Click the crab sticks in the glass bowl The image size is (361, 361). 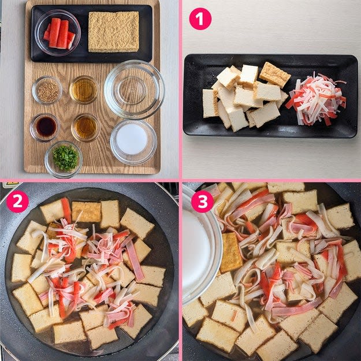tap(59, 34)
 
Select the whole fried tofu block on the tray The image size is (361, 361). tap(114, 32)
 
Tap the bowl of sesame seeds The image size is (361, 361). tap(47, 91)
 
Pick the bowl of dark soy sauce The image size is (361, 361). tap(45, 127)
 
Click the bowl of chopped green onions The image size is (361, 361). tap(64, 159)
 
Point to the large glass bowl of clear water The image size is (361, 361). tap(134, 90)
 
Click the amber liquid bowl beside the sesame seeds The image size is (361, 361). tap(84, 90)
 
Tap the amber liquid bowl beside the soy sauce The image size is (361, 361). tap(86, 127)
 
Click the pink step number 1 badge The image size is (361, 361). tap(200, 19)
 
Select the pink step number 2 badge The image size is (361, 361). tap(17, 202)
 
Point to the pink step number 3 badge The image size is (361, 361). tap(202, 202)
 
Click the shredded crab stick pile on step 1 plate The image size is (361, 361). tap(316, 100)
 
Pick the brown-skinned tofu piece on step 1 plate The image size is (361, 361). tap(275, 75)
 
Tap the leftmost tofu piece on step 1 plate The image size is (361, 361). tap(210, 103)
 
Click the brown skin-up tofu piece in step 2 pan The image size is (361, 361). tap(86, 211)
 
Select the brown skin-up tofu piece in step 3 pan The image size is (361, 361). tap(230, 252)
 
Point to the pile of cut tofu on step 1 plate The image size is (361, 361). tap(246, 96)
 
